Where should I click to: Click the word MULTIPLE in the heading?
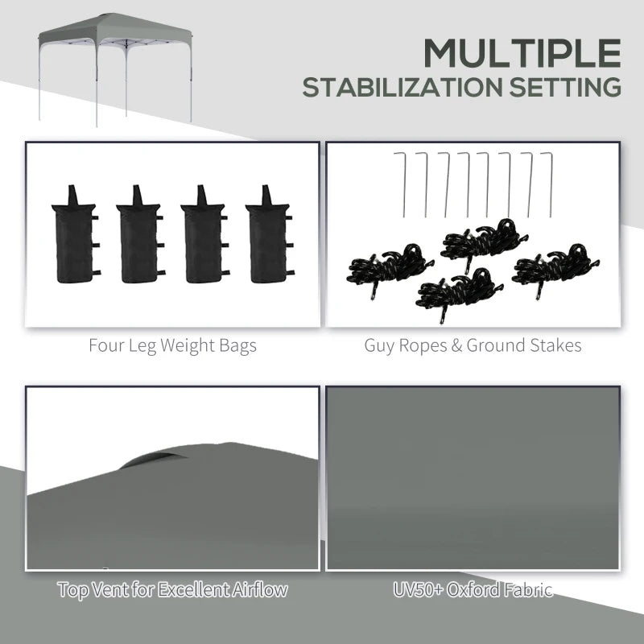[522, 55]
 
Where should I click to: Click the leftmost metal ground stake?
[402, 184]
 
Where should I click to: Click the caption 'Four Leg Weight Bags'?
[172, 346]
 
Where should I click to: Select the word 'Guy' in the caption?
[379, 347]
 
